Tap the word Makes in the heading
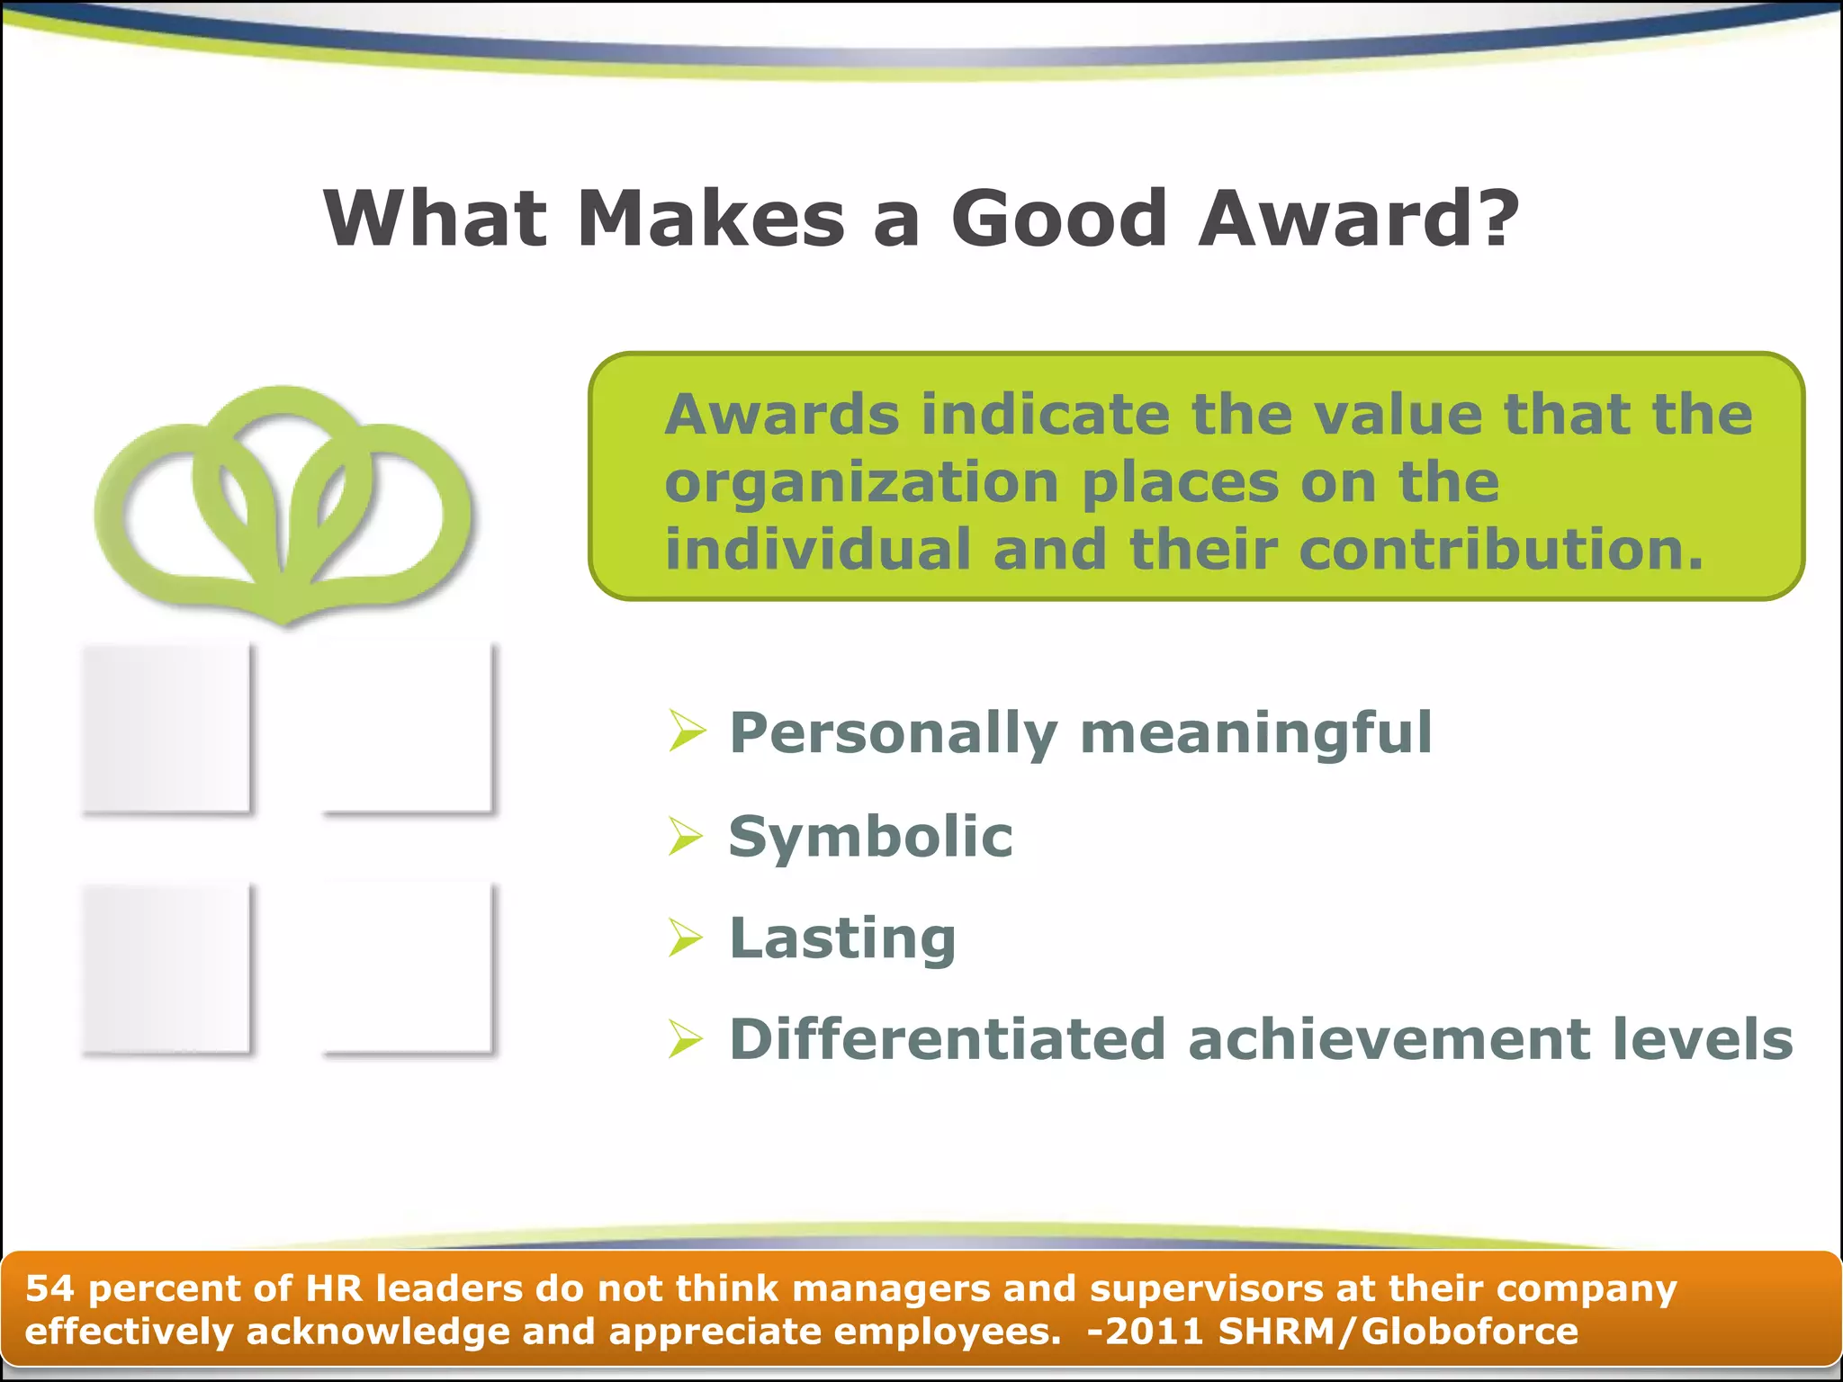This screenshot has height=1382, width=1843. [x=711, y=219]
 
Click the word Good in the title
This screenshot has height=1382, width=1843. [x=1059, y=219]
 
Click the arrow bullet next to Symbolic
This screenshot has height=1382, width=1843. [x=687, y=836]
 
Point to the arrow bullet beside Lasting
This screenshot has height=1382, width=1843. [x=687, y=938]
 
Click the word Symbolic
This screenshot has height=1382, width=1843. [x=870, y=837]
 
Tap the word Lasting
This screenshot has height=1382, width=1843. [x=842, y=938]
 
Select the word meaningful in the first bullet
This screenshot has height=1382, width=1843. [x=1255, y=733]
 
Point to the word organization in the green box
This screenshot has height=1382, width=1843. [x=861, y=484]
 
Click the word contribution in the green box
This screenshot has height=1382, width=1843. [x=1500, y=550]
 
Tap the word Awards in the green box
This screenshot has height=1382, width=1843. [x=781, y=415]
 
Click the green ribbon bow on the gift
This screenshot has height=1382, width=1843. [x=283, y=504]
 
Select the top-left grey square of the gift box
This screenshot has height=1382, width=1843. [x=166, y=729]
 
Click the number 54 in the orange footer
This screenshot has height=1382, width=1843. [x=49, y=1288]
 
